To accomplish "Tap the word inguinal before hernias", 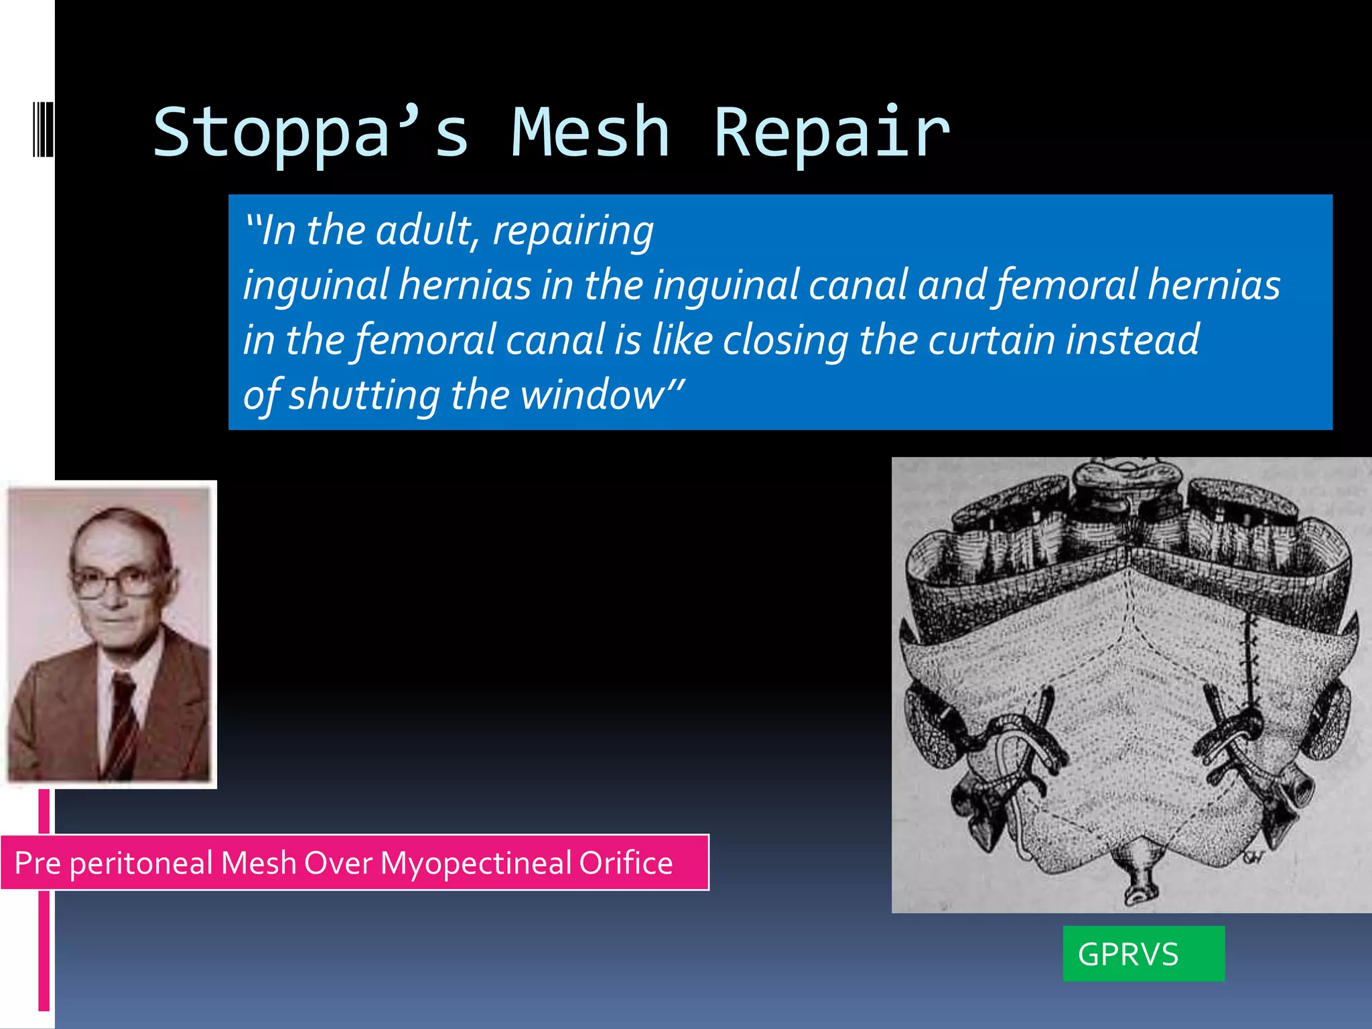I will [x=316, y=285].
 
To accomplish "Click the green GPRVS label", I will [x=1143, y=954].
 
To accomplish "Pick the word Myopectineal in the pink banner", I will [x=475, y=863].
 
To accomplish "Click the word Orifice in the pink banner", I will [x=626, y=863].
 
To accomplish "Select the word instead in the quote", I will [x=1132, y=340].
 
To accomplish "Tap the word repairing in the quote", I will [x=573, y=232].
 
